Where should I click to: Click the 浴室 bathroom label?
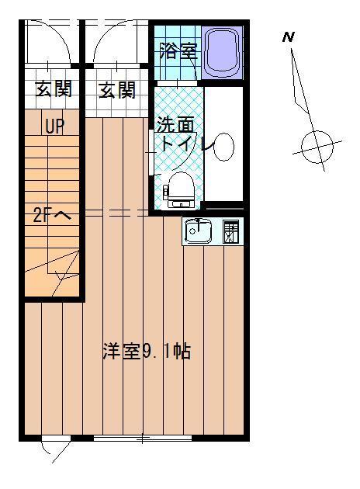pos(178,50)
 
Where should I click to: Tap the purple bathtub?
pos(222,53)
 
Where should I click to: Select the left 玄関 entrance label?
pos(54,89)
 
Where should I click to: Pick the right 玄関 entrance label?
pos(117,90)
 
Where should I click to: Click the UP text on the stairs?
pos(55,127)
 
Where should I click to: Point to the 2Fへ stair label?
pos(52,215)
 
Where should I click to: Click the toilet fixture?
pos(181,190)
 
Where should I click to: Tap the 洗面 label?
pos(175,124)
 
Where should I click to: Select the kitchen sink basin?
pos(199,231)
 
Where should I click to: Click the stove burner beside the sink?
pos(231,231)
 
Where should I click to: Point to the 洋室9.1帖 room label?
pos(147,351)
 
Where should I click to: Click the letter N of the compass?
pos(289,37)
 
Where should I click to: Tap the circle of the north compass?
pos(317,147)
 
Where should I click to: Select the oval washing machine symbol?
pos(223,147)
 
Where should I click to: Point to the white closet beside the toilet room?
pos(223,144)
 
